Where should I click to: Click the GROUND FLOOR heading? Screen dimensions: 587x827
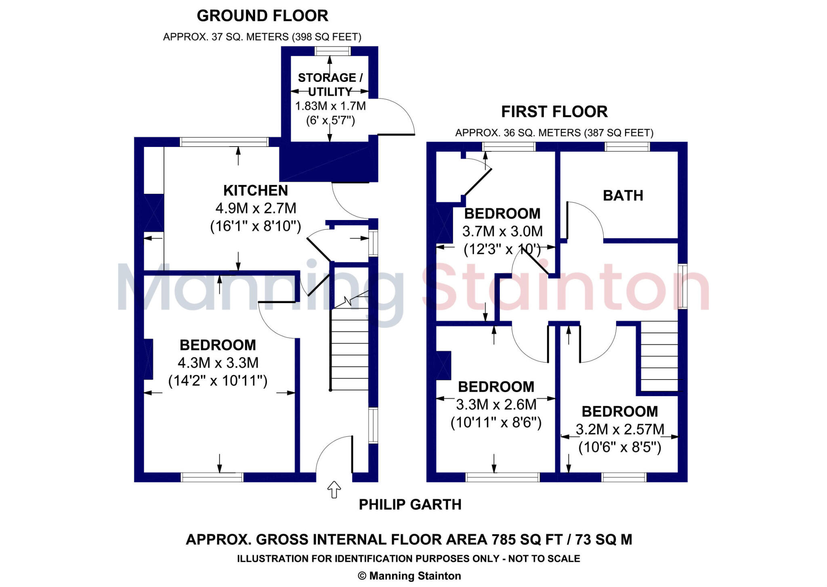262,16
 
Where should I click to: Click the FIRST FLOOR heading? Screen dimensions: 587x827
554,112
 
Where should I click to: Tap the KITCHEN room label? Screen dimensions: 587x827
255,191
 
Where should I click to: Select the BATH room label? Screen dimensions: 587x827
623,196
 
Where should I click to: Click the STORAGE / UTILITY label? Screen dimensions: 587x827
330,84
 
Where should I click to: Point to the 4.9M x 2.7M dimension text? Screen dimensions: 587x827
256,208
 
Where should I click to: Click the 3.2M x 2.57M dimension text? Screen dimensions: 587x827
619,429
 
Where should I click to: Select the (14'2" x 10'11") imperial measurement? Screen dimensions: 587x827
218,381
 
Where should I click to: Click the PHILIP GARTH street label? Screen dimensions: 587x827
410,505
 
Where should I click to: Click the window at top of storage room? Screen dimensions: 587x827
333,51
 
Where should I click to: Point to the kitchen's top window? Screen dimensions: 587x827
224,142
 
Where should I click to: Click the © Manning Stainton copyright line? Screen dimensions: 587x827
409,576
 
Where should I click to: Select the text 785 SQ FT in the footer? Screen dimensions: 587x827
527,540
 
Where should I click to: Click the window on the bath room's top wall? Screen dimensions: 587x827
627,147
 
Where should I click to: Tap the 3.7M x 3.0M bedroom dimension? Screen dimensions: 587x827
502,231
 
